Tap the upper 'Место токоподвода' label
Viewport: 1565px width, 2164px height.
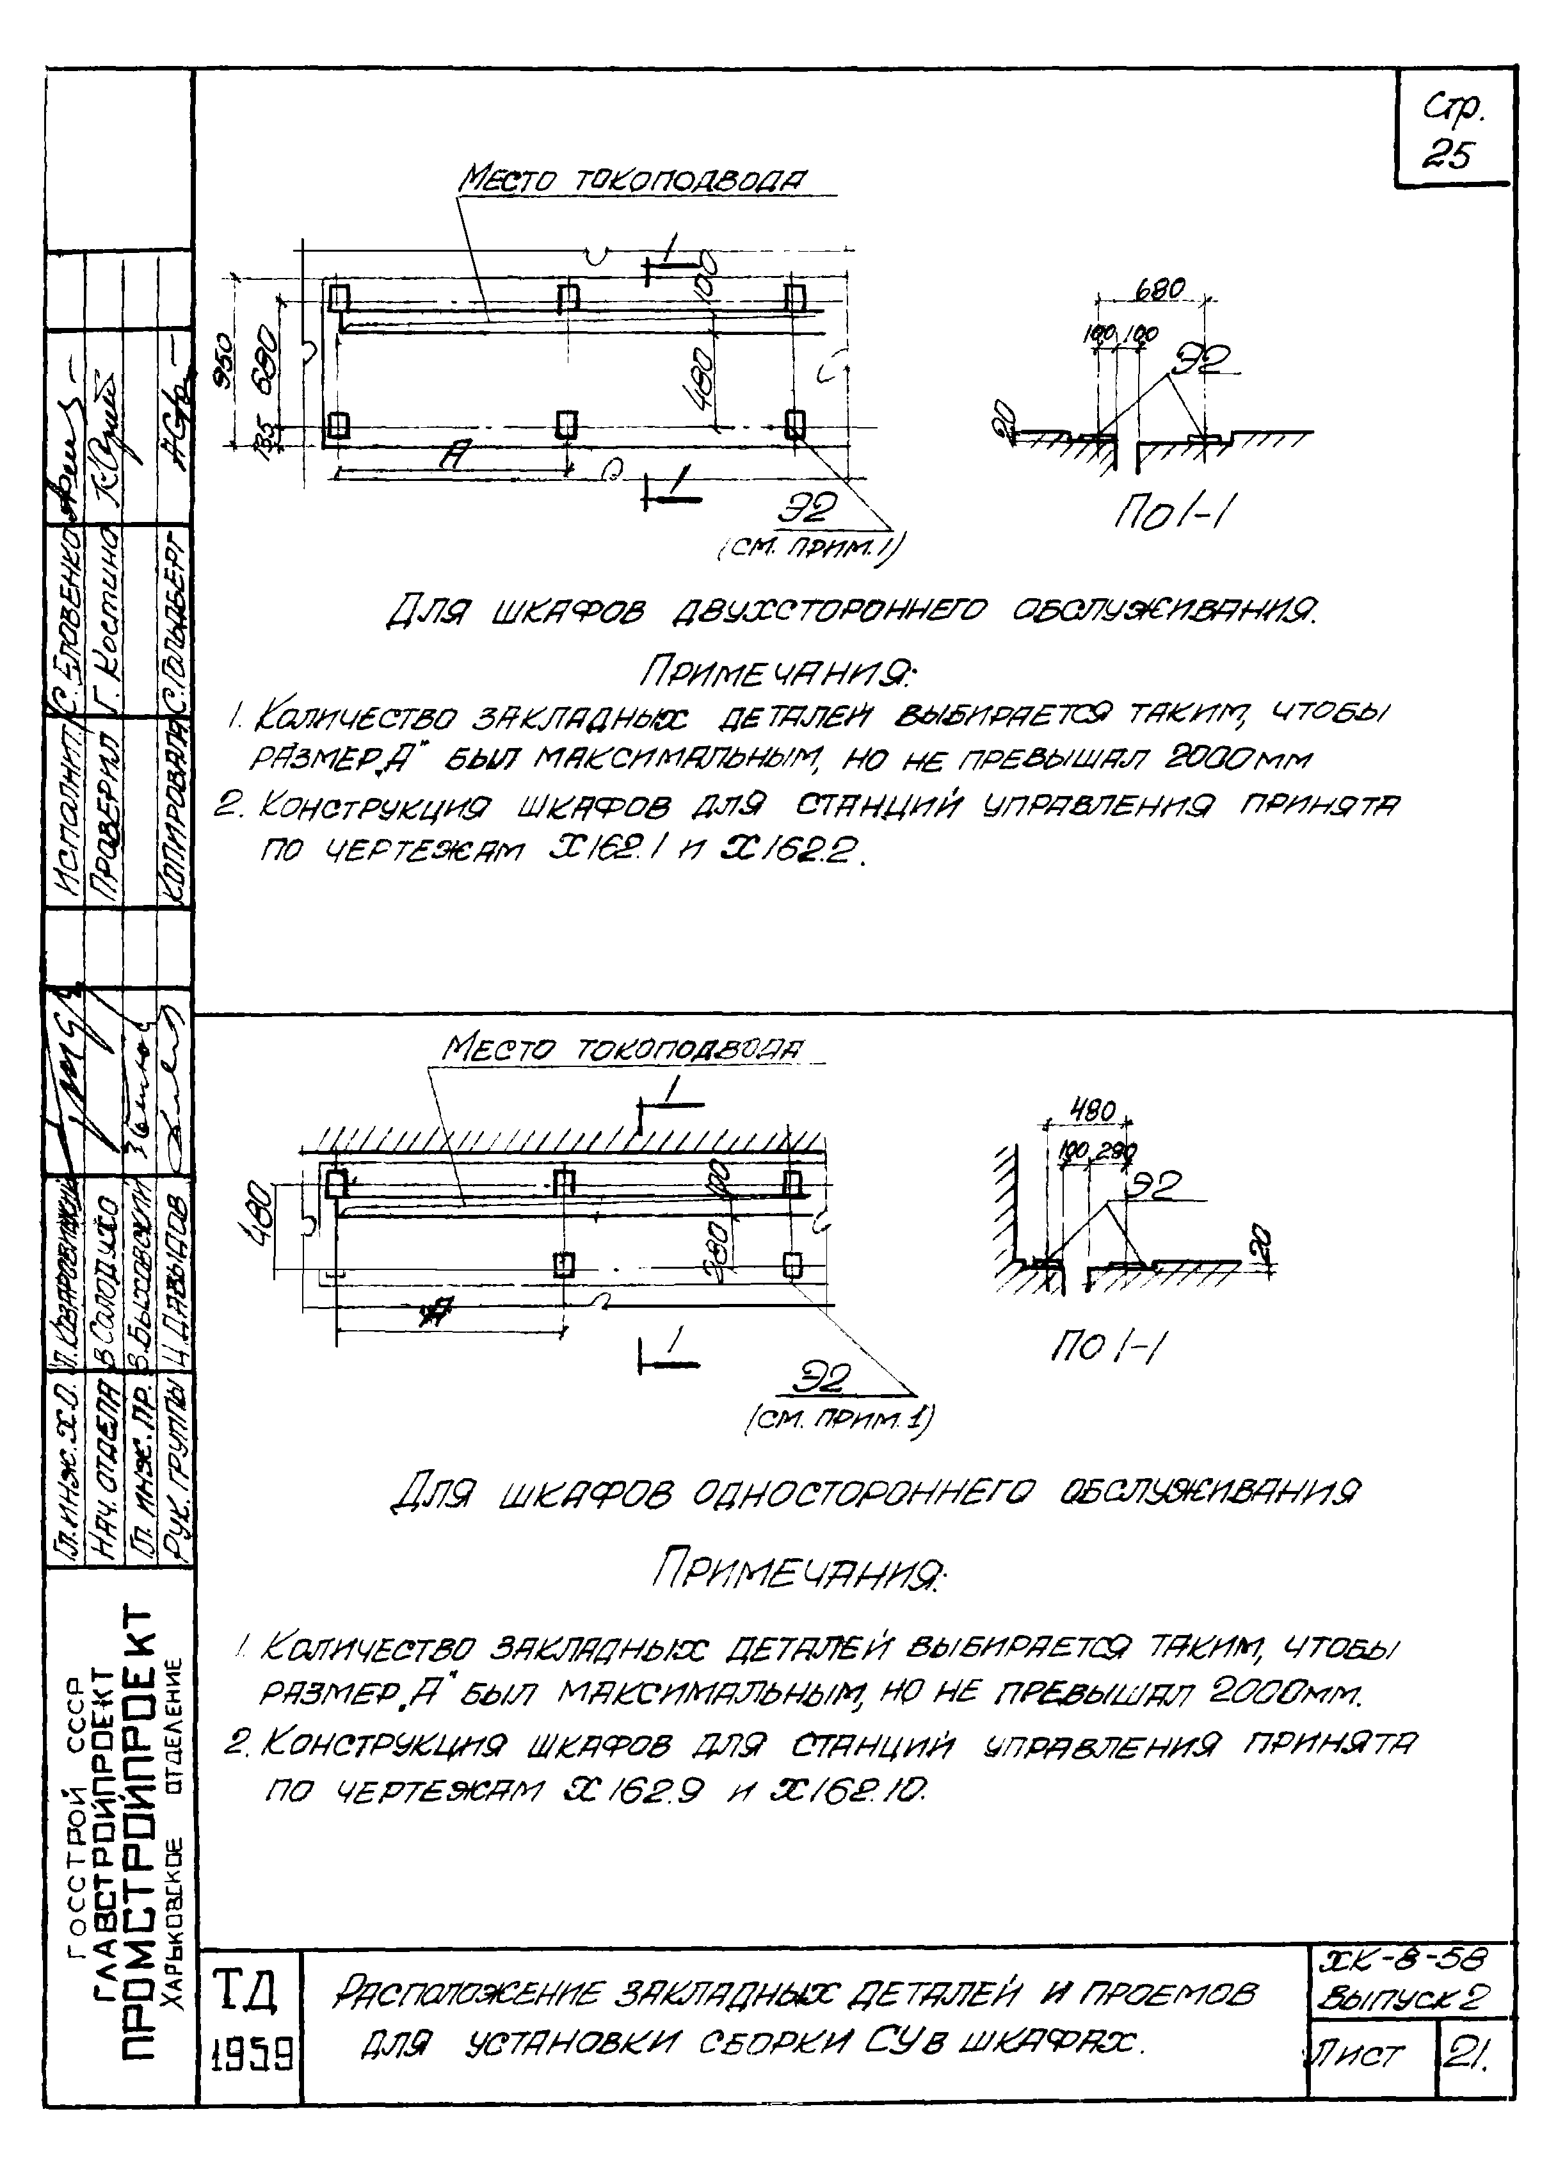coord(632,179)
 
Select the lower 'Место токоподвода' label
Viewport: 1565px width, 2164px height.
coord(621,1050)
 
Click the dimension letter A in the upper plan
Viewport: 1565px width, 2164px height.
coord(456,458)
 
